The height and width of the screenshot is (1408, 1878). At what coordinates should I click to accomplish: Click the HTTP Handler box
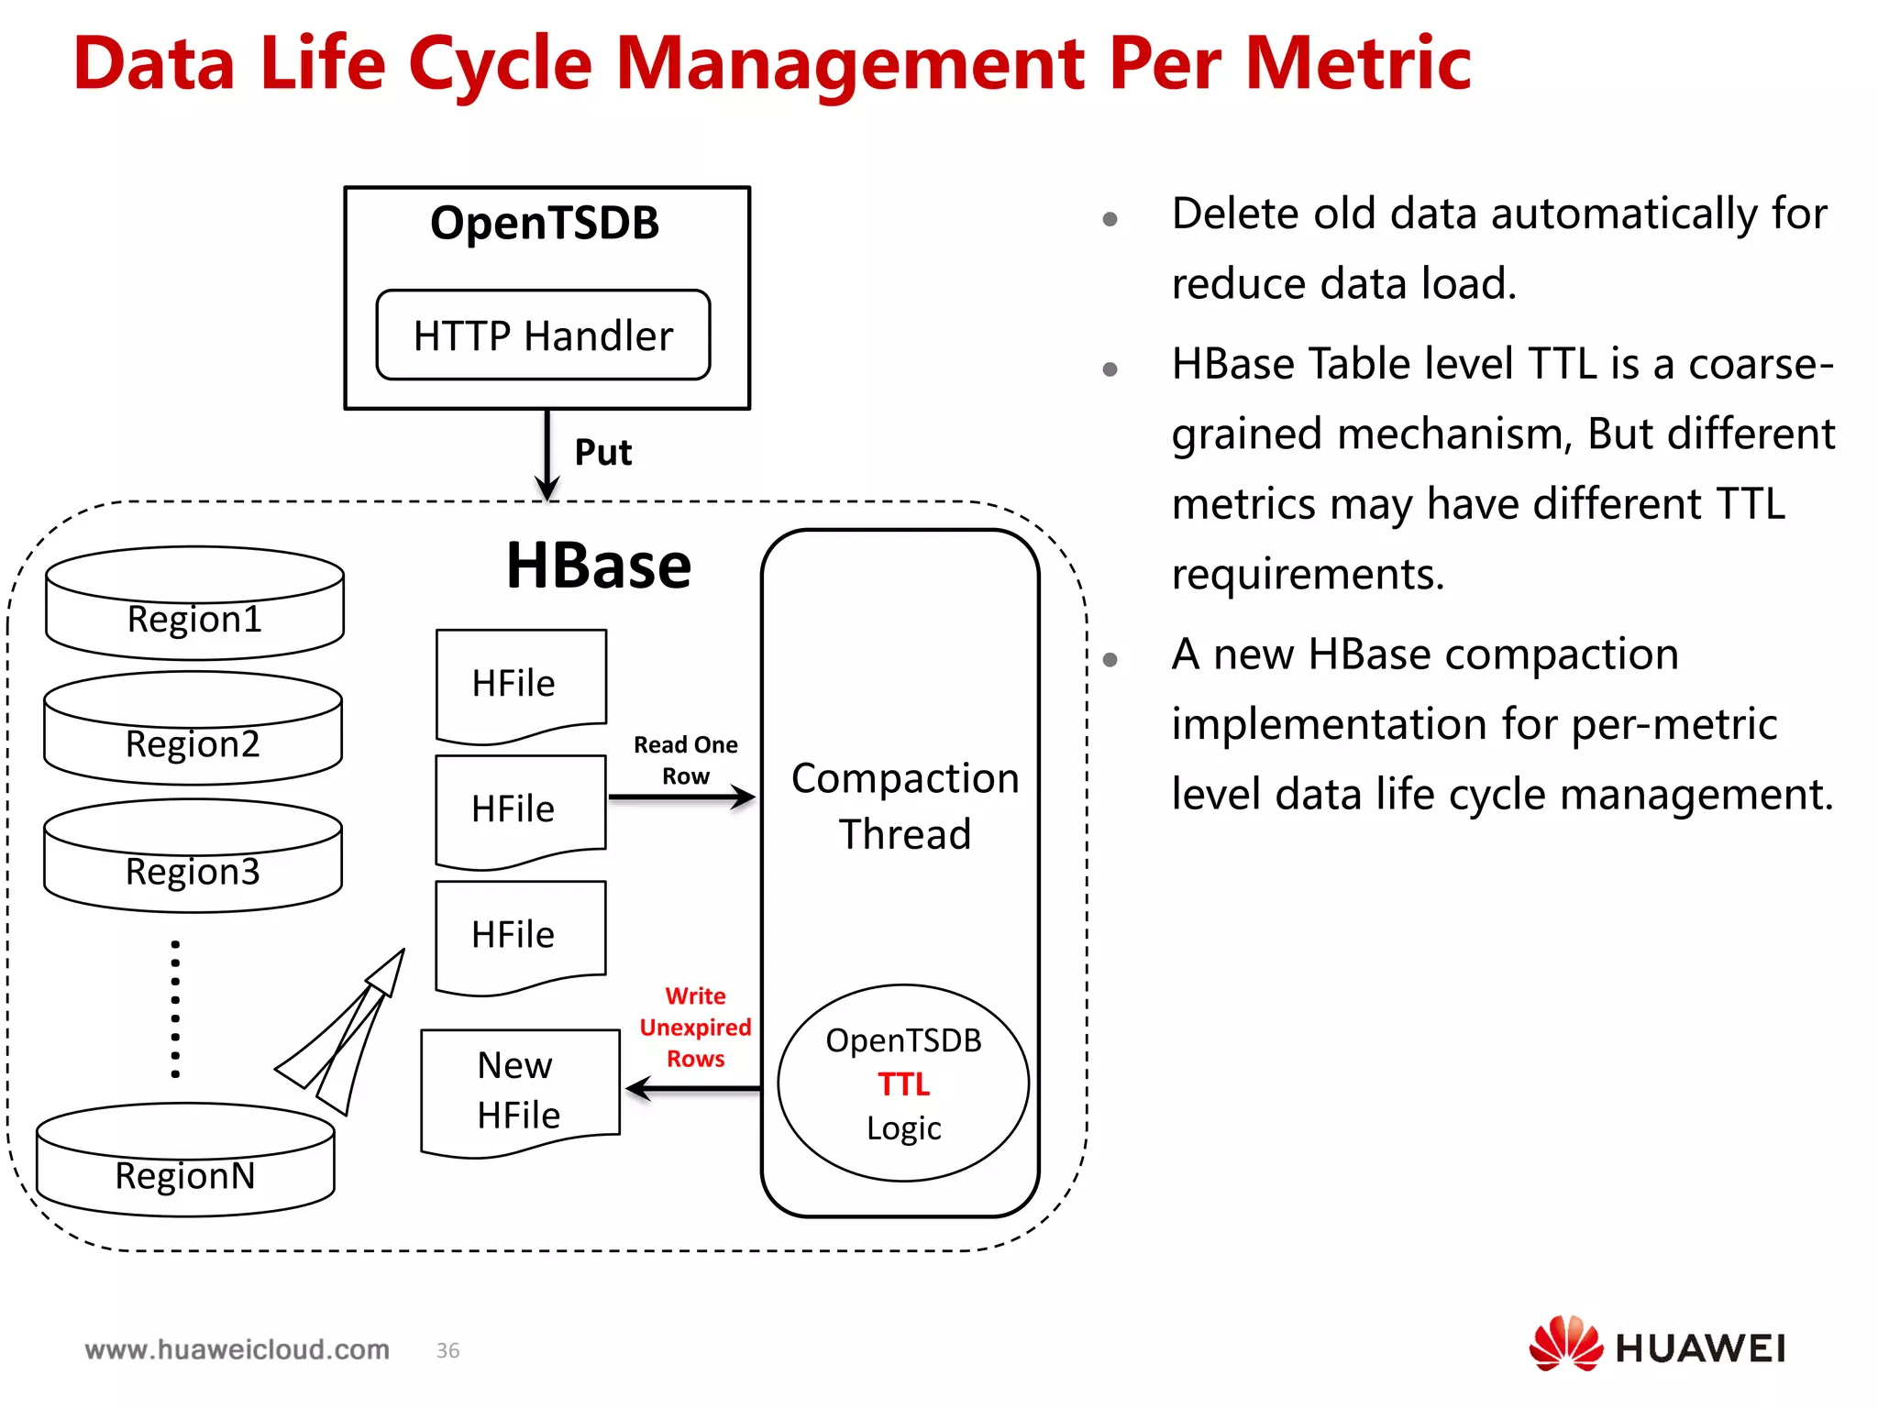[543, 335]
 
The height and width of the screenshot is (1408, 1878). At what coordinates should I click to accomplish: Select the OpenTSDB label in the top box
[545, 223]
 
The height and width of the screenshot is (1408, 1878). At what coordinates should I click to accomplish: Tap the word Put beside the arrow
[602, 453]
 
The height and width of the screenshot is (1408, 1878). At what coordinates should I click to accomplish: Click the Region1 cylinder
[194, 605]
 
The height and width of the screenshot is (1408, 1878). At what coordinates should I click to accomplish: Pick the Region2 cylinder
[193, 730]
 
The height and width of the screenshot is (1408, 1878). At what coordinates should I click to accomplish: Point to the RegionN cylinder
[185, 1161]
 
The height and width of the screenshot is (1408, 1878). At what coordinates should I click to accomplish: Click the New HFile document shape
[519, 1091]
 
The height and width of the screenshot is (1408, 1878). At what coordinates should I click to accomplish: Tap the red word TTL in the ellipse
[903, 1084]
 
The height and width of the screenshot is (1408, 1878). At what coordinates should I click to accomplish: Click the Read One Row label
[685, 760]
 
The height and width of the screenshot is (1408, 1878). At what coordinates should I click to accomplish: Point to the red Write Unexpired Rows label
[695, 1028]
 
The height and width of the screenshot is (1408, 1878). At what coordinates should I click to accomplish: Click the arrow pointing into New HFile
[692, 1089]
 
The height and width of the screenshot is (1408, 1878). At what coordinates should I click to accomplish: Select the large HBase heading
[599, 566]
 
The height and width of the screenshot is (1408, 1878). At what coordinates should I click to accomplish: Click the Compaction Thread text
[904, 806]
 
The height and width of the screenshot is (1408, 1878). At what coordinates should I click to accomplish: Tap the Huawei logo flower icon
[1565, 1344]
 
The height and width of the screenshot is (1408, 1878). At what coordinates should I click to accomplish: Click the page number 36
[447, 1350]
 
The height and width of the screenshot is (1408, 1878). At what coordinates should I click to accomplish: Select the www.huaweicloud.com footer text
[238, 1349]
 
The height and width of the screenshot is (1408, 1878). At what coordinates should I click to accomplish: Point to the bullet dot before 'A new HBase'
[1110, 659]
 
